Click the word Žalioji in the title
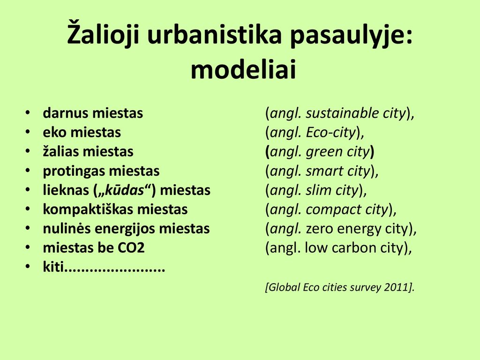point(103,33)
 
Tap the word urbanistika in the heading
point(214,34)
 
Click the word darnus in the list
point(63,113)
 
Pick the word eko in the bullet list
point(54,132)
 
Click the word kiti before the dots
point(53,267)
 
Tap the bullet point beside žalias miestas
point(28,151)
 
